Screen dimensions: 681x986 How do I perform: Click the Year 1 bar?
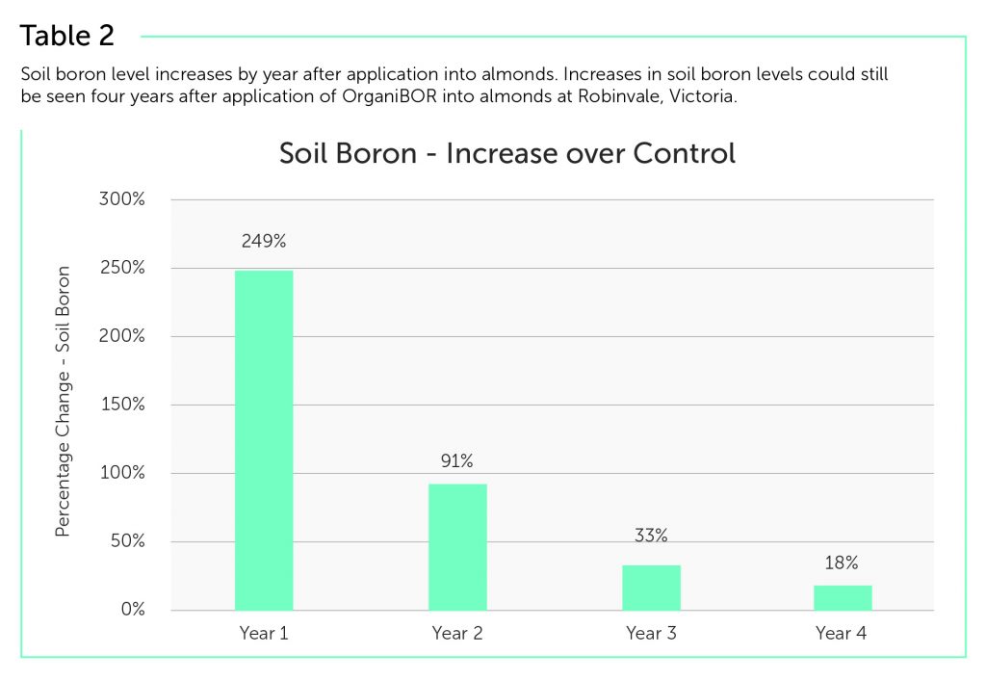pos(264,440)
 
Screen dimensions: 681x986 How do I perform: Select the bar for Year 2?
pos(457,546)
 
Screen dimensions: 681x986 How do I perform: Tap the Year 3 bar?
pos(651,587)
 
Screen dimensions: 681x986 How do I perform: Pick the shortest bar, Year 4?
pos(843,597)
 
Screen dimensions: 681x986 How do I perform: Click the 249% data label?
pos(263,242)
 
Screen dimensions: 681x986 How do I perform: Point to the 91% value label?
pos(456,461)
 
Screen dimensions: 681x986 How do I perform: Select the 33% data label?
pos(651,536)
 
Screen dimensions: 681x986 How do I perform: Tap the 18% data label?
pos(843,563)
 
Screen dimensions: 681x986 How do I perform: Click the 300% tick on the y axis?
pos(124,199)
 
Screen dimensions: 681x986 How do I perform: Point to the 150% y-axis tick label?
pos(124,405)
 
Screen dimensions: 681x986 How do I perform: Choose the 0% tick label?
pos(133,610)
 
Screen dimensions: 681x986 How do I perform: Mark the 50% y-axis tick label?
pos(128,541)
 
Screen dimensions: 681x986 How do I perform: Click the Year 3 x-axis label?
pos(651,633)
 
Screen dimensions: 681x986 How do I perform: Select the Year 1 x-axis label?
pos(263,633)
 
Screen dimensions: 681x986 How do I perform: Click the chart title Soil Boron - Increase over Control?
pos(506,153)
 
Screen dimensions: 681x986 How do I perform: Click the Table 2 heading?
pos(67,36)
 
